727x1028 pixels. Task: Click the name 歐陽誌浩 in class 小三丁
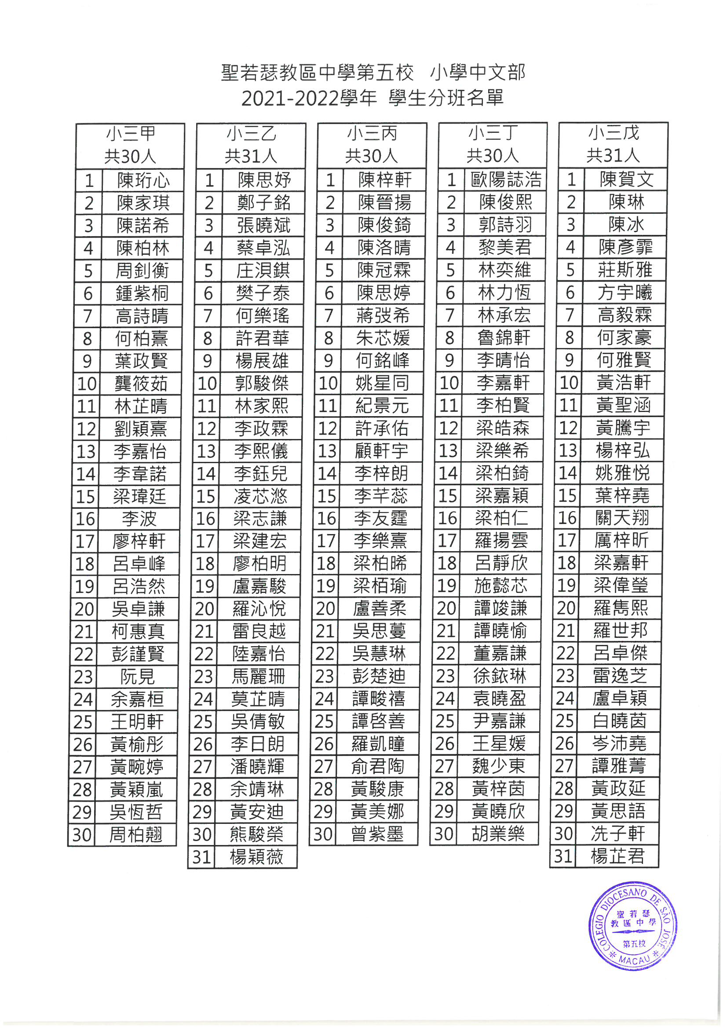(x=506, y=179)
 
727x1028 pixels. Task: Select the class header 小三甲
(x=130, y=133)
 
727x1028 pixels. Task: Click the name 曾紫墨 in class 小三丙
(x=377, y=834)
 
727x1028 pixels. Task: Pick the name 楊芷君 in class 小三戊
(x=617, y=856)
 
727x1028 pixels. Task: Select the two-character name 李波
(x=139, y=519)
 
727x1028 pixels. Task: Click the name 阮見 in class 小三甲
(x=137, y=677)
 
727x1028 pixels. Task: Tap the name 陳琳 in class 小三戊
(x=626, y=202)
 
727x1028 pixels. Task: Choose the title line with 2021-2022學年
(x=373, y=98)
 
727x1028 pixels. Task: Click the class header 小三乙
(x=251, y=133)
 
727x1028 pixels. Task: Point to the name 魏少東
(x=498, y=766)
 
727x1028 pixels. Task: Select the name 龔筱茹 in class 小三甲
(x=141, y=383)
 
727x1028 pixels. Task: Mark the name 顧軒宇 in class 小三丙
(x=381, y=450)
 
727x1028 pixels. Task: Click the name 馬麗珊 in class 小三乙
(x=258, y=676)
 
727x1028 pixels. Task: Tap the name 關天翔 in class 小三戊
(x=622, y=518)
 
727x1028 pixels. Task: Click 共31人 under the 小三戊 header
(x=613, y=155)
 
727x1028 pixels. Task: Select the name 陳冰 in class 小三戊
(x=626, y=224)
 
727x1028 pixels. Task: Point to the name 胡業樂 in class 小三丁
(x=498, y=834)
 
